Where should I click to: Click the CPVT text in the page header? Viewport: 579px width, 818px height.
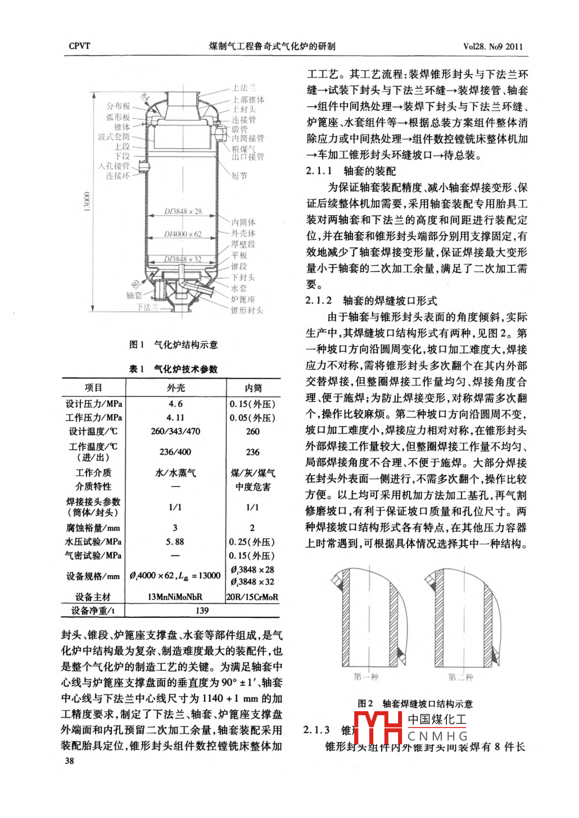(79, 46)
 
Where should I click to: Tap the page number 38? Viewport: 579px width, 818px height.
(69, 761)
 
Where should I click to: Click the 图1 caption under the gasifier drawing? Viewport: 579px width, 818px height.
(173, 345)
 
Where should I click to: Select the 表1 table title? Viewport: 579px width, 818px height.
(173, 369)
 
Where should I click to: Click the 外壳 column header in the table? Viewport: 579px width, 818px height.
(175, 388)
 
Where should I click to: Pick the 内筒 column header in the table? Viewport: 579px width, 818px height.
(253, 388)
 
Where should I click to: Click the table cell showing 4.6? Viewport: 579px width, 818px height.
(175, 404)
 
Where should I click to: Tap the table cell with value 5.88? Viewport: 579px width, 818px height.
(175, 542)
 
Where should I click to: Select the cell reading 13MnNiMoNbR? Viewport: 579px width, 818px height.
(175, 597)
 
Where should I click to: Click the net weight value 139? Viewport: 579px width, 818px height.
(202, 611)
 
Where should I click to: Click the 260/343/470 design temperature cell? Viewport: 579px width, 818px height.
(175, 432)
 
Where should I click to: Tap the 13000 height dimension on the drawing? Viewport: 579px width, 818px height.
(87, 202)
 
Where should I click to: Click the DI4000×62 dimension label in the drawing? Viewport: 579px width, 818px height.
(183, 234)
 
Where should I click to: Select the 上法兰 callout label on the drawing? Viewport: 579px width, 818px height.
(244, 88)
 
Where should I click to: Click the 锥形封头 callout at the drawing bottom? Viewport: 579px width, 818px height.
(247, 310)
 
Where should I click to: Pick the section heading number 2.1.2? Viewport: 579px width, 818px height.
(319, 301)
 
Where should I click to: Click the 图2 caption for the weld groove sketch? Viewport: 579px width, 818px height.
(415, 704)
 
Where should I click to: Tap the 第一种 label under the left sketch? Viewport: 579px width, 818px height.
(366, 677)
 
